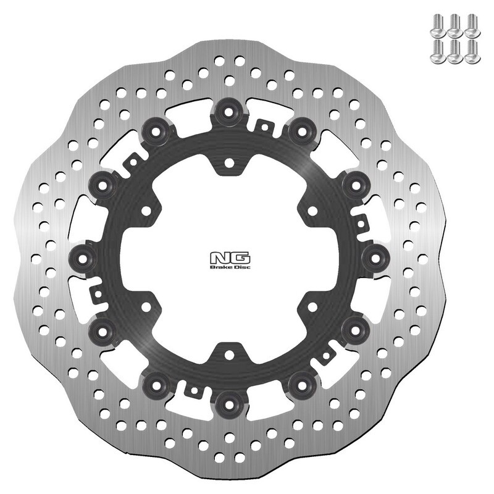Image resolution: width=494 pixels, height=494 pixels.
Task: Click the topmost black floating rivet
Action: (x=229, y=112)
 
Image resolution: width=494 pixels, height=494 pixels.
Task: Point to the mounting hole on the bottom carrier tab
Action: (x=228, y=355)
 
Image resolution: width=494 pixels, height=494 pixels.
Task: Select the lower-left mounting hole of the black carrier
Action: (x=146, y=306)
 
